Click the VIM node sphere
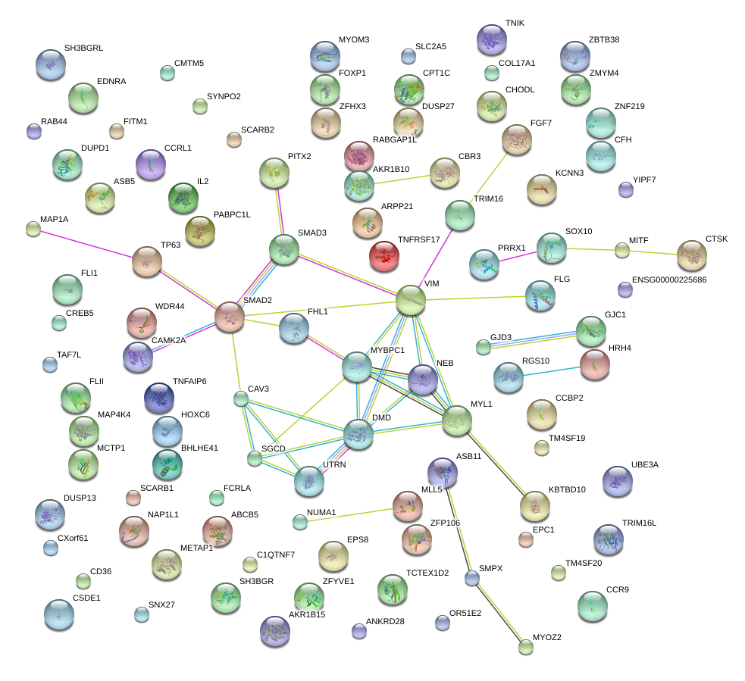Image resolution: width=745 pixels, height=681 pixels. coord(410,300)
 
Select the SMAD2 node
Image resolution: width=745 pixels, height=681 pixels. coord(230,317)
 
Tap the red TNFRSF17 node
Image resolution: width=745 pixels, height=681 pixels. coord(383,256)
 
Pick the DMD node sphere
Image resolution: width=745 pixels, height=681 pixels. coord(358,435)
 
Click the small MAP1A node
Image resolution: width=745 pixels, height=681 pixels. coord(33,229)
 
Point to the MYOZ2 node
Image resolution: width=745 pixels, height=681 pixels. coord(526,646)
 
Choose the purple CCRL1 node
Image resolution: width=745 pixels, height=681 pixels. coord(150,163)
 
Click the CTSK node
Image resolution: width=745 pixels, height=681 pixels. coord(691,255)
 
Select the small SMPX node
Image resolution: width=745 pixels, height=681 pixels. coord(472,579)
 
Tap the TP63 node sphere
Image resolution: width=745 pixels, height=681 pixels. coord(147,261)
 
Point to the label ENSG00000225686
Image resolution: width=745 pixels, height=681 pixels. coord(668,280)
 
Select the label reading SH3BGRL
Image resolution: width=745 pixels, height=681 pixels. coord(83,48)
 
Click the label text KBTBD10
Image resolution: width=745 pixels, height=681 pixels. coord(567,489)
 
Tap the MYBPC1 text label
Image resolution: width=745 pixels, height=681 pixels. coord(387,351)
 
